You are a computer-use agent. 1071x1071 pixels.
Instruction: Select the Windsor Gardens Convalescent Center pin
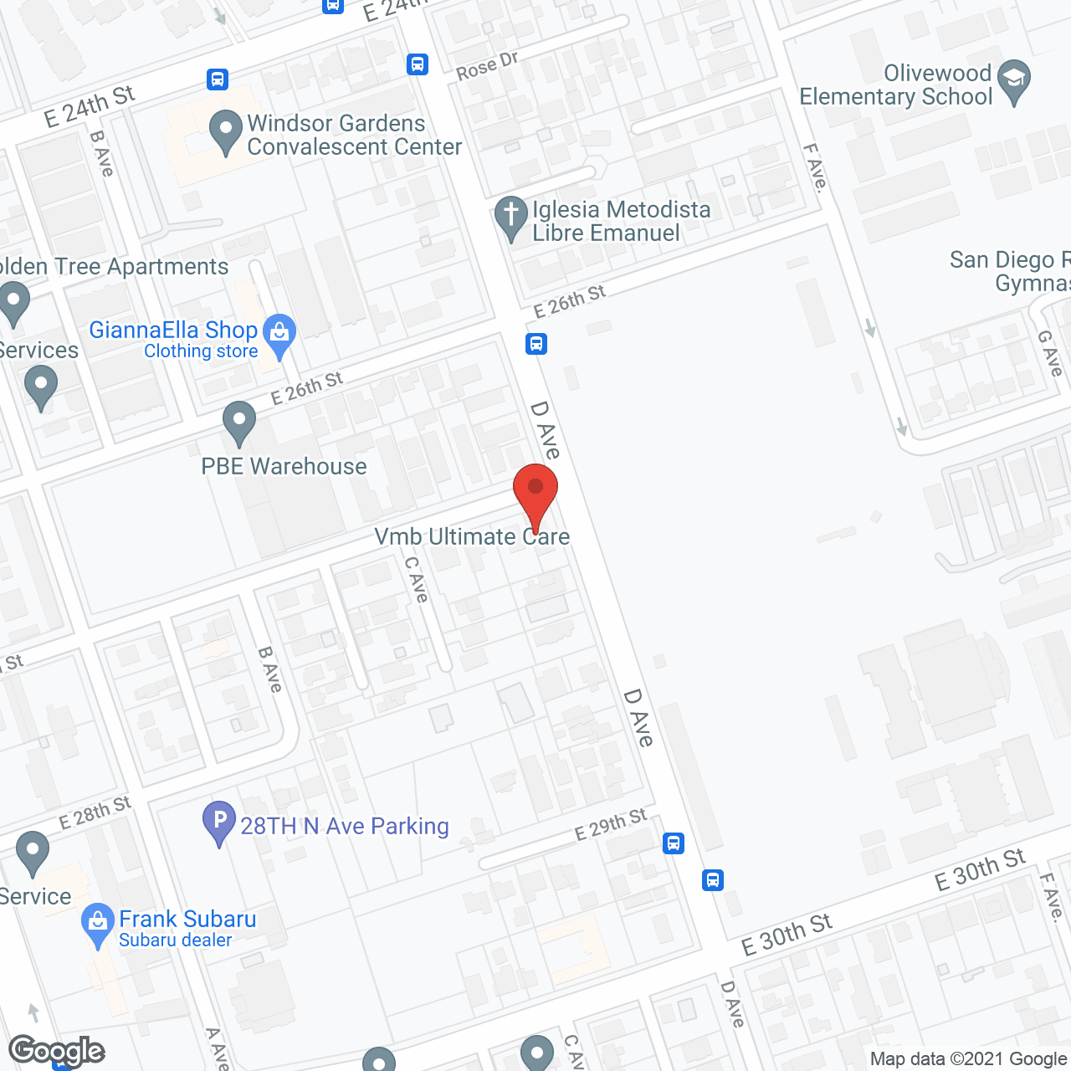click(x=225, y=132)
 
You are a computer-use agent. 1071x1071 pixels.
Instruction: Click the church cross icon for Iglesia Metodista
click(x=510, y=217)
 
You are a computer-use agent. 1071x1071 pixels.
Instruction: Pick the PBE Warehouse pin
click(x=239, y=423)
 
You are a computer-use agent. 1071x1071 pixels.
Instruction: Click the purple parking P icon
click(x=219, y=822)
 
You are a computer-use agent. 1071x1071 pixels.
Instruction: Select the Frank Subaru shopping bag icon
click(x=99, y=924)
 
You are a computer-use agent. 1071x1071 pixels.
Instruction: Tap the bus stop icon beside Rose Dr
click(x=418, y=64)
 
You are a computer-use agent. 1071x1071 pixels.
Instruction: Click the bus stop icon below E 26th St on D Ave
click(x=536, y=344)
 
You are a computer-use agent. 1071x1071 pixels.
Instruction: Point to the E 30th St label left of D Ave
click(x=787, y=935)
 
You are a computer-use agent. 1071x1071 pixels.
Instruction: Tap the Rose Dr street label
click(x=487, y=66)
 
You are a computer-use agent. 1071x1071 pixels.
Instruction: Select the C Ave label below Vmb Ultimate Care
click(x=416, y=579)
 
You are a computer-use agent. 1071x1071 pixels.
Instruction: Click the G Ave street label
click(x=1050, y=352)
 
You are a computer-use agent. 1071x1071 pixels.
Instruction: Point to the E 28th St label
click(x=95, y=812)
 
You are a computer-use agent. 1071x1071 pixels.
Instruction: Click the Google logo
click(x=57, y=1051)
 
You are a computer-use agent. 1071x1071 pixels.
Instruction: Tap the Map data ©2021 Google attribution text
click(x=969, y=1059)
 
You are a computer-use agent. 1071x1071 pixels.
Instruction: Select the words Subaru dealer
click(x=175, y=940)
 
